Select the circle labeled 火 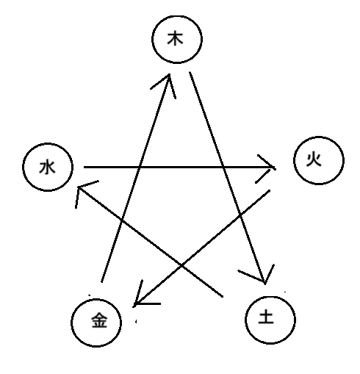click(317, 162)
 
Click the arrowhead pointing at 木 click(168, 76)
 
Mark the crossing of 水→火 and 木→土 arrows click(223, 168)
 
